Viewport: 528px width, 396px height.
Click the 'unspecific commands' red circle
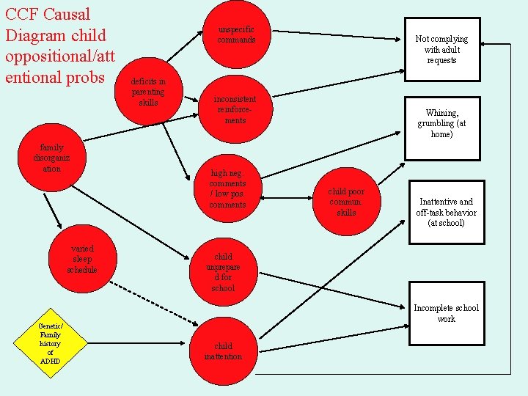pyautogui.click(x=236, y=34)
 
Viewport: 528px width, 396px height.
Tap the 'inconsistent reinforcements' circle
pyautogui.click(x=235, y=109)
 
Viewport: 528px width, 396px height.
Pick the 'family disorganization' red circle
pyautogui.click(x=51, y=158)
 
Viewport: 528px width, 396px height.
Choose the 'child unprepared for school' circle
pyautogui.click(x=223, y=272)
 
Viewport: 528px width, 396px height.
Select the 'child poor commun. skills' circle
pyautogui.click(x=346, y=202)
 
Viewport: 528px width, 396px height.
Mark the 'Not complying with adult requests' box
pyautogui.click(x=441, y=49)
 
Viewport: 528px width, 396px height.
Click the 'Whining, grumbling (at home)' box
pyautogui.click(x=442, y=123)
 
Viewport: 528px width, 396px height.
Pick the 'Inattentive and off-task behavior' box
pyautogui.click(x=446, y=212)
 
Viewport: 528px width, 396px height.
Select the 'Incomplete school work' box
pyautogui.click(x=446, y=313)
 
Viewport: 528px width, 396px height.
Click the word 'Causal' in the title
pyautogui.click(x=65, y=14)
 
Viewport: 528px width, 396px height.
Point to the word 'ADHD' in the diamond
pyautogui.click(x=51, y=361)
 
